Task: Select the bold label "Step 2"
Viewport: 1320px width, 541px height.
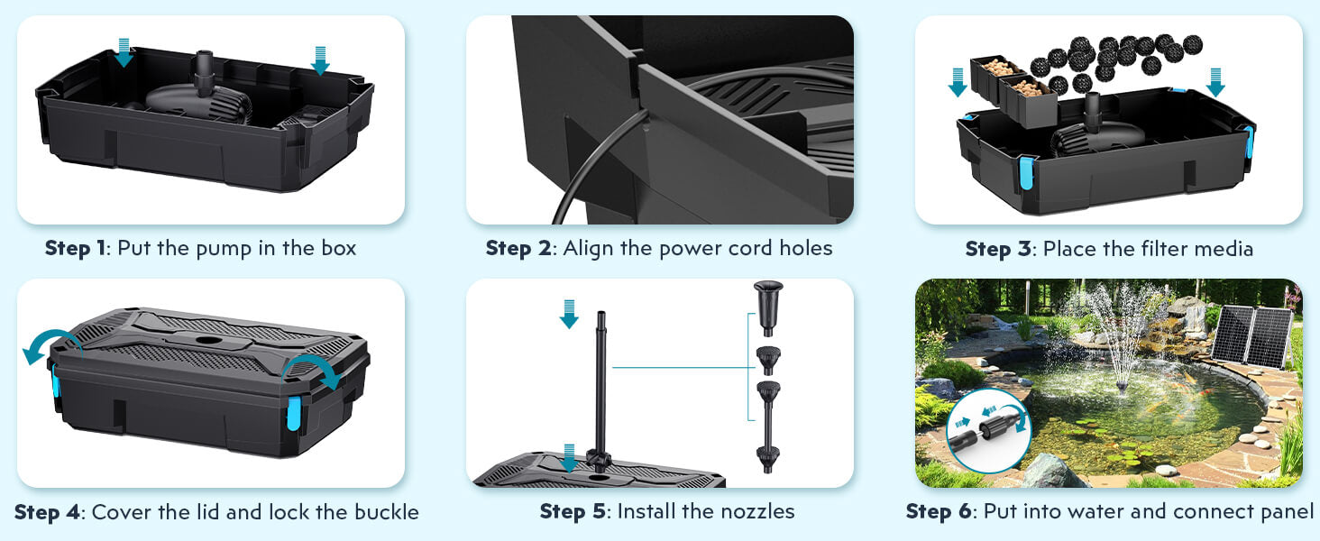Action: point(518,248)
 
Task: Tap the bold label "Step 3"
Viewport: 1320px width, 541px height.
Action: point(997,248)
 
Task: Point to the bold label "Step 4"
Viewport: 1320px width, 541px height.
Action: point(47,512)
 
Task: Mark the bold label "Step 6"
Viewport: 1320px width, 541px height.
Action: point(940,512)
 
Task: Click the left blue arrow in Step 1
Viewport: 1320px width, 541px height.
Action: point(124,54)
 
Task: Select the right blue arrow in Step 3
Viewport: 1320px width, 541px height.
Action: point(1215,82)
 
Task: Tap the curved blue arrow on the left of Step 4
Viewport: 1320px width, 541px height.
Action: point(45,346)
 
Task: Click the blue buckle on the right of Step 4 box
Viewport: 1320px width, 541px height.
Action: point(292,415)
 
